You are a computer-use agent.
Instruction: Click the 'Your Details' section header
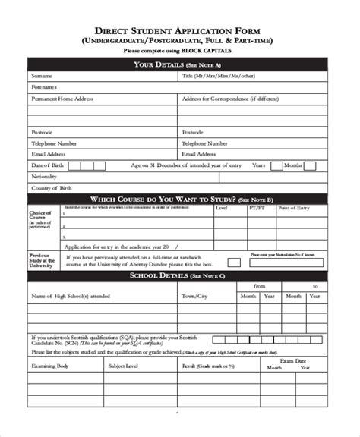(x=179, y=64)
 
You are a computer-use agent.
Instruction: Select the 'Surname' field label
(x=42, y=77)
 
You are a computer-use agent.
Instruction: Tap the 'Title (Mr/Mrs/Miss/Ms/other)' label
(x=216, y=77)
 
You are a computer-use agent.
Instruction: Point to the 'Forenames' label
(x=43, y=88)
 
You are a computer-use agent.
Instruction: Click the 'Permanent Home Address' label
(x=62, y=99)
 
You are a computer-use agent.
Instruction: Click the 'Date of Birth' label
(x=46, y=165)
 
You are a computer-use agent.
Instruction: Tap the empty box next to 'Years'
(x=275, y=165)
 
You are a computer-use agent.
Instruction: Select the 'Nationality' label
(x=44, y=176)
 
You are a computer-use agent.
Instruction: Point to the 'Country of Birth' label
(x=51, y=187)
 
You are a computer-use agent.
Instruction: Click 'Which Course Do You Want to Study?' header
(x=179, y=199)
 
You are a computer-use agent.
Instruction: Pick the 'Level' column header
(x=221, y=207)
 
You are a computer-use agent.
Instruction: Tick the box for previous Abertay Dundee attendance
(x=234, y=263)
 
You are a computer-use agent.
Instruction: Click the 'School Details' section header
(x=179, y=277)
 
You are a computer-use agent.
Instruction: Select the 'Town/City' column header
(x=194, y=297)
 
